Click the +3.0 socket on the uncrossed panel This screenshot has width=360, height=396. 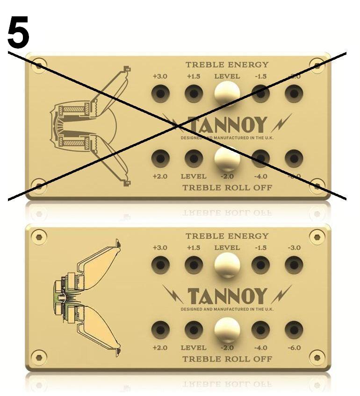[160, 265]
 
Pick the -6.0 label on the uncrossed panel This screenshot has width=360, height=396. [294, 348]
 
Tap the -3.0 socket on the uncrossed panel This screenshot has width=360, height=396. [294, 265]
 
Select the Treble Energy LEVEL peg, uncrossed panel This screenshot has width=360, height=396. [227, 265]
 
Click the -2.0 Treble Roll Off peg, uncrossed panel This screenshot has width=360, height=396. [227, 330]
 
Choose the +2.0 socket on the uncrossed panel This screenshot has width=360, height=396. [160, 330]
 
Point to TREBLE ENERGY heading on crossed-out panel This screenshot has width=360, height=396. [227, 65]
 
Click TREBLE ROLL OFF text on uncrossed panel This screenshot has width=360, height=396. [227, 359]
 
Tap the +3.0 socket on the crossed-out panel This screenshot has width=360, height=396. [160, 94]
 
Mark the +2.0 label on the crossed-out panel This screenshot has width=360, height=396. [160, 177]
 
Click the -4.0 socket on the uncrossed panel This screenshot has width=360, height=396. [260, 330]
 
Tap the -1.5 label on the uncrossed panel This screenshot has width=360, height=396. [260, 247]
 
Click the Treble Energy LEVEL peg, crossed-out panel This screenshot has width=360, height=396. [227, 93]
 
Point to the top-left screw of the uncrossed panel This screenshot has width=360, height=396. [39, 237]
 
